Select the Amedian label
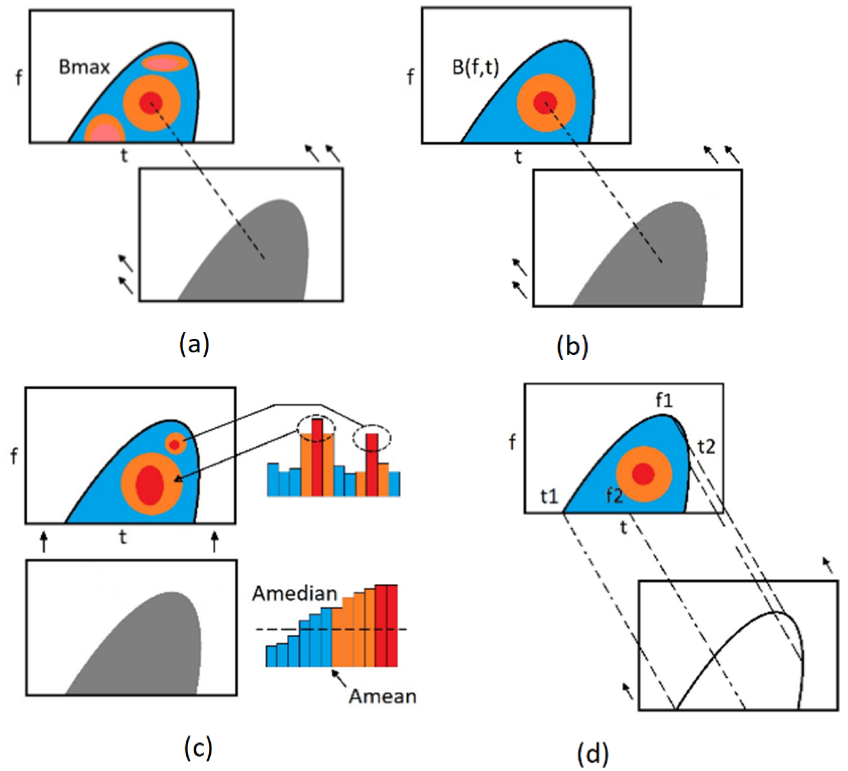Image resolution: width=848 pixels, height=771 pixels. click(295, 593)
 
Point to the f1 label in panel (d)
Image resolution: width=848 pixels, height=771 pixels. click(664, 401)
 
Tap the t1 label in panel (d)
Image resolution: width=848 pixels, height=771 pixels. click(550, 497)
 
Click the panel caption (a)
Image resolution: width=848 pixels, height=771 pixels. click(194, 344)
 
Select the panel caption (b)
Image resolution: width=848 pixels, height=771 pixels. click(573, 347)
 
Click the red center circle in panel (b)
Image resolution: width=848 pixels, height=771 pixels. click(546, 102)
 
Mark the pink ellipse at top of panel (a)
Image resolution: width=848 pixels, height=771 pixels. click(165, 63)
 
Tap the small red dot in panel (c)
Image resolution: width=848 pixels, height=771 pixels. click(175, 444)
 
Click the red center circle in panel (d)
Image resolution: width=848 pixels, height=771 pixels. click(643, 474)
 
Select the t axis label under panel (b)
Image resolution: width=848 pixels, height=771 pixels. click(518, 157)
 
